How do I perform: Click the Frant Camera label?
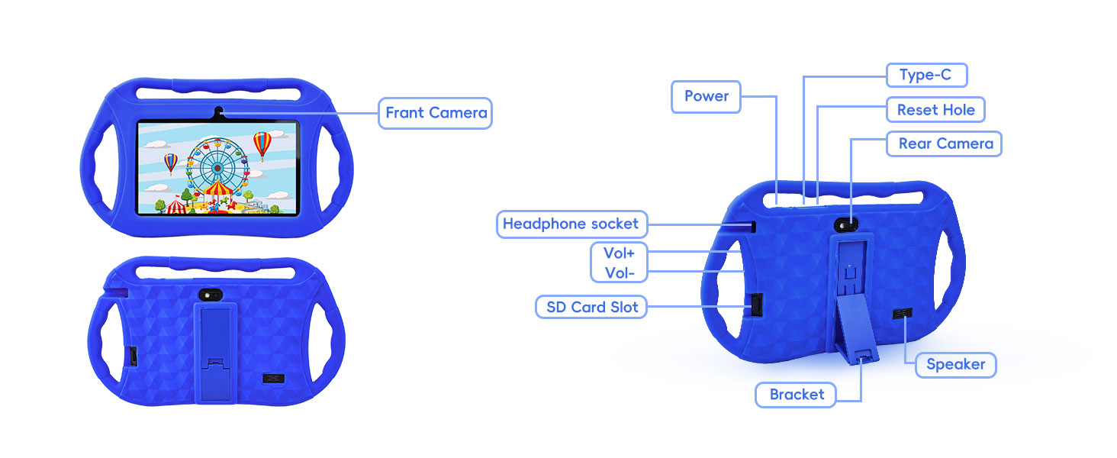436,113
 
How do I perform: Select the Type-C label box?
926,75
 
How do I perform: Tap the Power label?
706,96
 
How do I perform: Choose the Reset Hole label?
935,110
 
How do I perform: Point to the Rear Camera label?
945,144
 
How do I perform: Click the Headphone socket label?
571,224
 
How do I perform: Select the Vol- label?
619,273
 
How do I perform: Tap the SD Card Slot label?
592,308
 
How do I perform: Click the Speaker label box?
955,365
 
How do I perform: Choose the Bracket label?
797,395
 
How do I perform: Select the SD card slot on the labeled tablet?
755,305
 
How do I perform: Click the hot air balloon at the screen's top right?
262,143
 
